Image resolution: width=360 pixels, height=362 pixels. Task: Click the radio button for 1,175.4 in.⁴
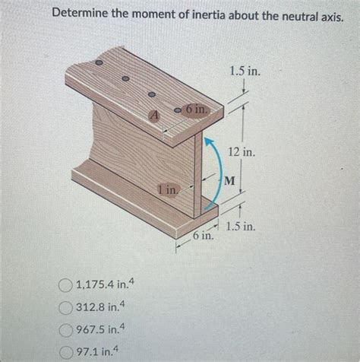(65, 286)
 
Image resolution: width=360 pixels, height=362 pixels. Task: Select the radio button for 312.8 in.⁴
(65, 308)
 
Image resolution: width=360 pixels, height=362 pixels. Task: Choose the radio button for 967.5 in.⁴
(65, 330)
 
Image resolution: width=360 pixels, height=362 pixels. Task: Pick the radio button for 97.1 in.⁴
(65, 351)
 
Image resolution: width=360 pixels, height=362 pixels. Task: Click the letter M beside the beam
(229, 180)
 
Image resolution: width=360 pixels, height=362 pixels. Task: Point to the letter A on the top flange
(155, 116)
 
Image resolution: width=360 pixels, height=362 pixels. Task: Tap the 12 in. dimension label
(241, 152)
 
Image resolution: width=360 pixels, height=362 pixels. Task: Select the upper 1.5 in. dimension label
(244, 71)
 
